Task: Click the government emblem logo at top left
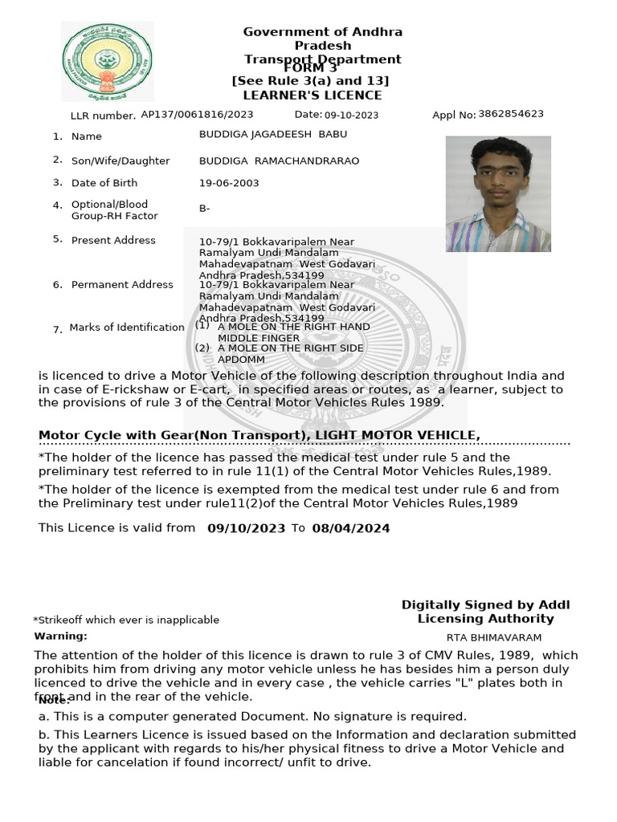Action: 107,62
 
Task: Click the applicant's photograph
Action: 498,193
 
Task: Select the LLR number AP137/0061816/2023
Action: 197,115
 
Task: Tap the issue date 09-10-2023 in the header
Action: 351,116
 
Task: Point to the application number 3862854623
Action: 510,114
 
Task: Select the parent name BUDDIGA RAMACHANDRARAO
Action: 279,161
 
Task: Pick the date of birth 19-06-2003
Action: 229,183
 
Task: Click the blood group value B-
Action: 205,209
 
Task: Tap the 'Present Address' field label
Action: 113,240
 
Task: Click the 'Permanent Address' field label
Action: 122,284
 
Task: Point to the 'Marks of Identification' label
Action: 127,328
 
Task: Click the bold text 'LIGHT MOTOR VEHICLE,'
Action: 398,435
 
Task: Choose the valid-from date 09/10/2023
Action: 246,528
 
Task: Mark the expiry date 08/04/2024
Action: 351,528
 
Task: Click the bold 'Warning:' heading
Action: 61,636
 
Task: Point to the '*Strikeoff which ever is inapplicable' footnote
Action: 126,620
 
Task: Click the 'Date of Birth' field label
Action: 104,183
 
